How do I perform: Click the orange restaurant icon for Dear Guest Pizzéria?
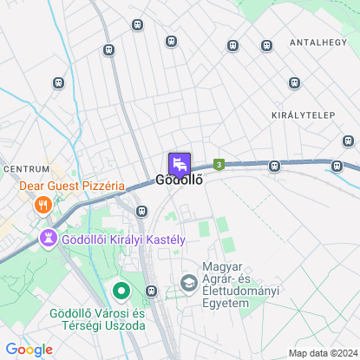tap(42, 205)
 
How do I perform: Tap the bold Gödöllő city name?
tap(179, 181)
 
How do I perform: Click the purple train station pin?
tap(179, 163)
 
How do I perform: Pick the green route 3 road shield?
tap(220, 163)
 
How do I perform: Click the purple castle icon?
tap(50, 237)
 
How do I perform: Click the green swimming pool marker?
tap(121, 291)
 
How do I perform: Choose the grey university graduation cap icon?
tap(187, 282)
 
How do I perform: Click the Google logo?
tap(28, 350)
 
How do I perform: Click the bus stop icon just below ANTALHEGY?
tap(296, 82)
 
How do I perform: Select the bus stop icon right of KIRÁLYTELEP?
tap(348, 140)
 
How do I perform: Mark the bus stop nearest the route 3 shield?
tap(274, 166)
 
